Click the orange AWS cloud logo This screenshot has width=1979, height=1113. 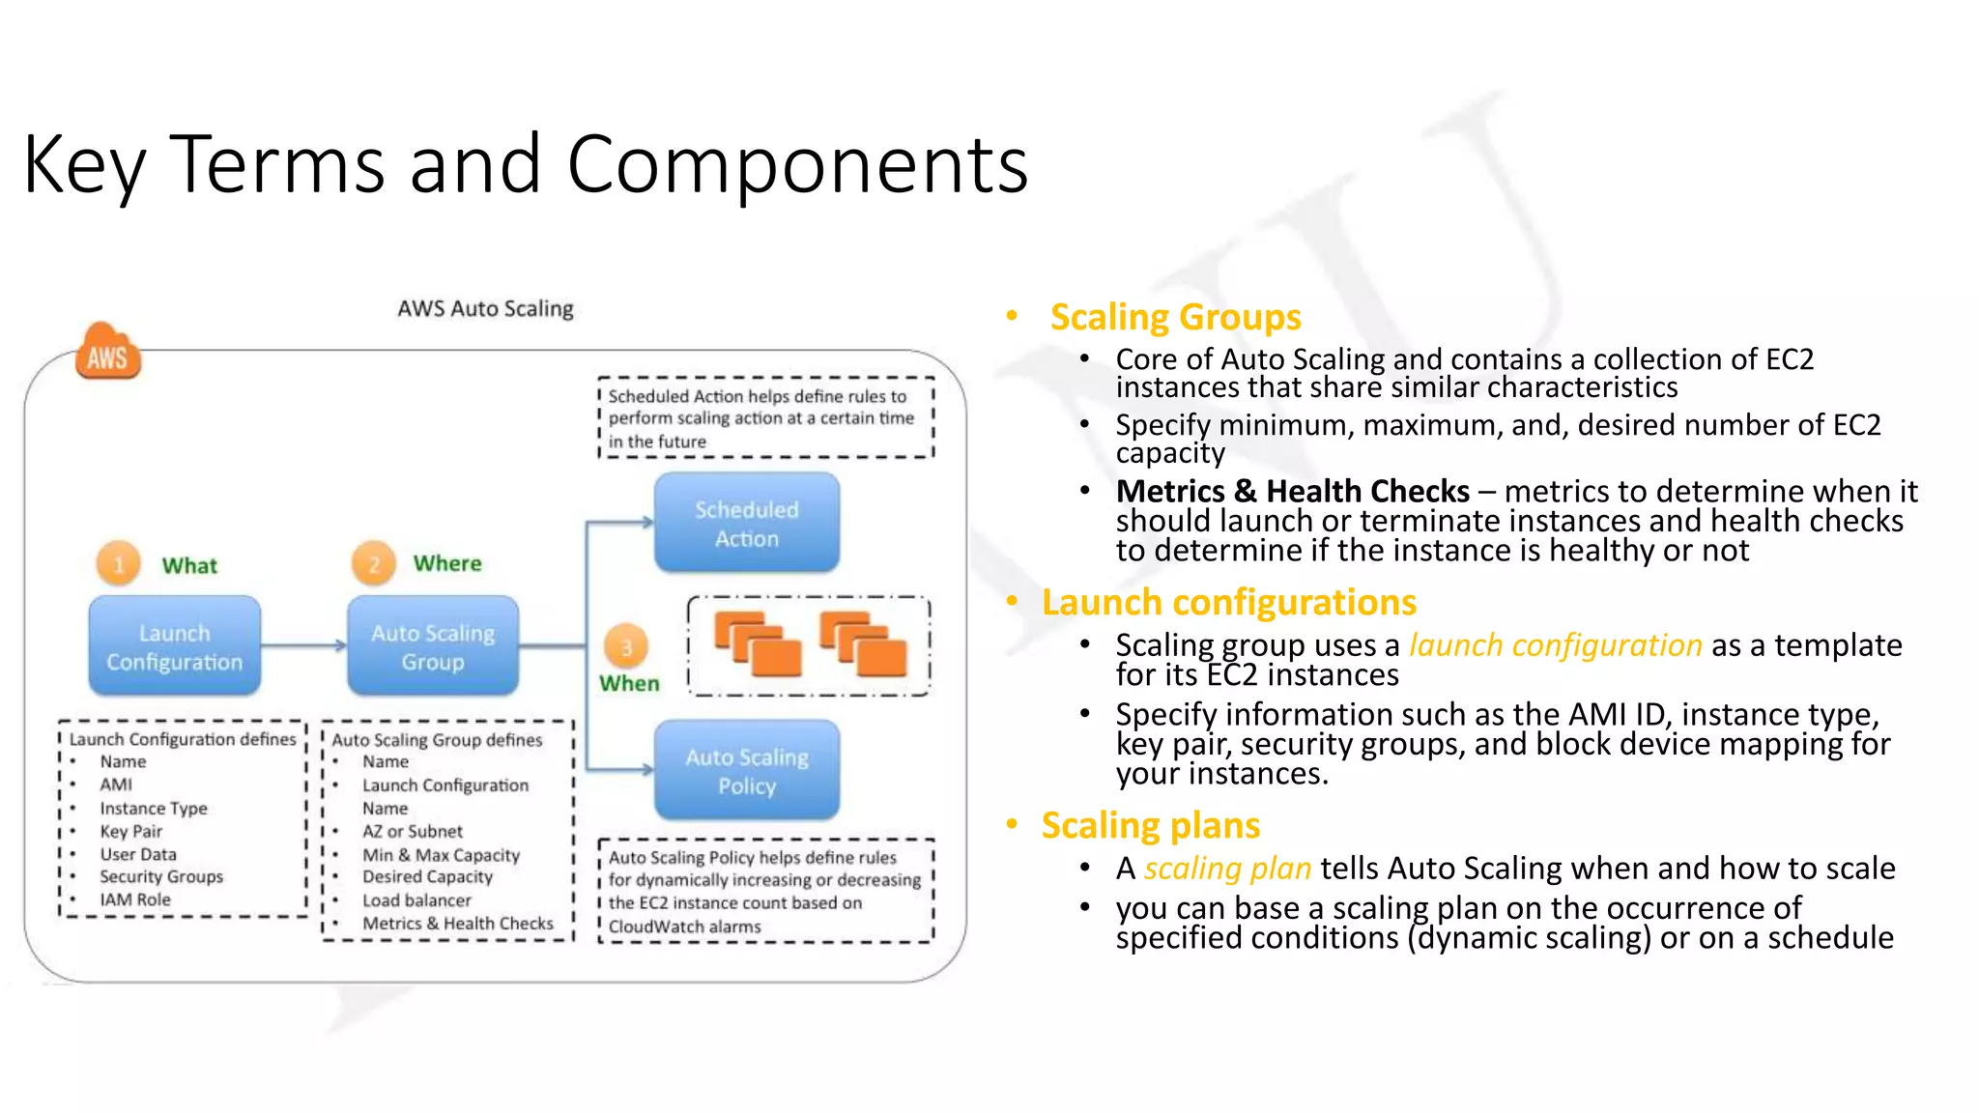coord(107,353)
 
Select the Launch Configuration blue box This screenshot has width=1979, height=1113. coord(175,646)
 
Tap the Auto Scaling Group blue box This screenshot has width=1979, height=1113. coord(433,646)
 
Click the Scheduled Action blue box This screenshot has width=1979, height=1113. coord(746,523)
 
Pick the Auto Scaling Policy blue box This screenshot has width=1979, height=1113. coord(746,770)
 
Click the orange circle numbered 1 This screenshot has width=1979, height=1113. coord(118,563)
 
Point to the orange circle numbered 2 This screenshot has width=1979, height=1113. coord(373,563)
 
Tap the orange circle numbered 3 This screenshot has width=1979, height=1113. coord(625,646)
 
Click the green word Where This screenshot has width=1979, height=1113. coord(447,563)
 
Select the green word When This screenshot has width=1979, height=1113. coord(629,683)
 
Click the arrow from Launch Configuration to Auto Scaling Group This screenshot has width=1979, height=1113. coord(303,645)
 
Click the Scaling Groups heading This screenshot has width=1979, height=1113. coord(1175,317)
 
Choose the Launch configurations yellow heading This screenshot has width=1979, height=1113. coord(1228,602)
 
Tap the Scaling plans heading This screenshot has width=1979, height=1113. coord(1150,825)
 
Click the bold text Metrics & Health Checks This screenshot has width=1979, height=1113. coord(1292,491)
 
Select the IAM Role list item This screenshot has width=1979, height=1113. coord(135,899)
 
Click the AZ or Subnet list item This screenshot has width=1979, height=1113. coord(413,831)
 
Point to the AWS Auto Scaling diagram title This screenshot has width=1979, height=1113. coord(485,308)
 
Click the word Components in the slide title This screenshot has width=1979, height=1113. coord(797,164)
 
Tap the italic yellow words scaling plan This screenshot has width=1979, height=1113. coord(1227,868)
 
